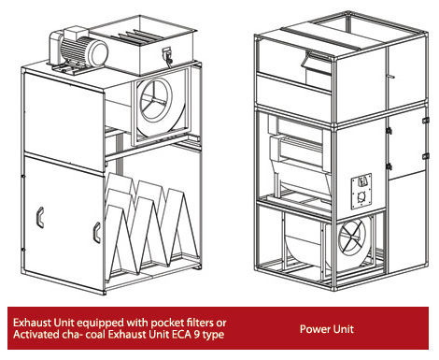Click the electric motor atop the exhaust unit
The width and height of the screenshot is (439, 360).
coord(79,49)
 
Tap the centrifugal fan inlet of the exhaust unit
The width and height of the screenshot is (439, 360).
coord(155,100)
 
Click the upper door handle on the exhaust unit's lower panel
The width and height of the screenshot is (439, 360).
coord(40,217)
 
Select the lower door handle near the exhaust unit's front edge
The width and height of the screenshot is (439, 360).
coord(97,233)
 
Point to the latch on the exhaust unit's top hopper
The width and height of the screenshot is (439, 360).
coord(167,56)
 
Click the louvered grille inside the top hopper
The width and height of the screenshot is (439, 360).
coord(138,36)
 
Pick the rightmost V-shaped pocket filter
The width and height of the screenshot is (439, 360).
coord(181,226)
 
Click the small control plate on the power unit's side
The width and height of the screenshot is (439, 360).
coord(361,192)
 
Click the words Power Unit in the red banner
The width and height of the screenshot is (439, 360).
coord(327,329)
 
